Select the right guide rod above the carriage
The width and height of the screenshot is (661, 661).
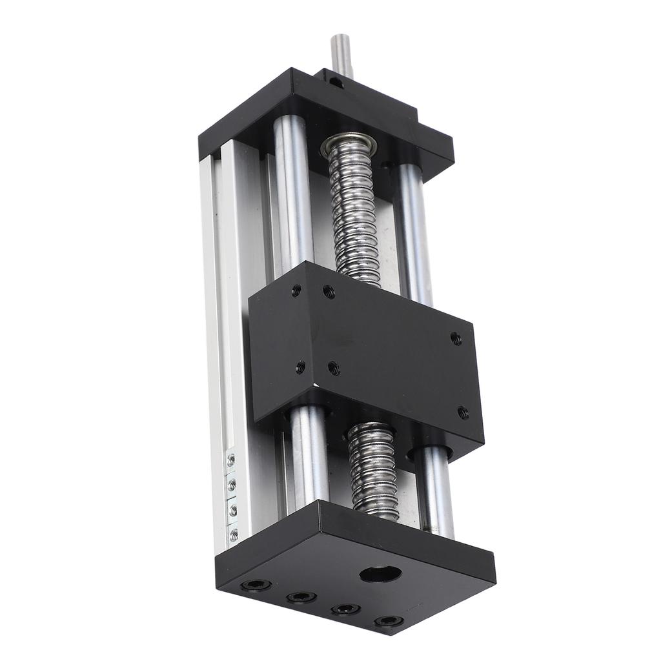tap(413, 232)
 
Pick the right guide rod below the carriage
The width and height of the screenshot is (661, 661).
tap(434, 491)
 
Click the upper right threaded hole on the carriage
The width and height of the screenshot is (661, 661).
tap(456, 338)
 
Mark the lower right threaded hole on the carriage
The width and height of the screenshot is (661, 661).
tap(463, 412)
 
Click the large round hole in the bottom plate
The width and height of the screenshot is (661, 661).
tap(380, 573)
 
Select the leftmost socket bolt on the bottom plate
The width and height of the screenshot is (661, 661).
tap(256, 585)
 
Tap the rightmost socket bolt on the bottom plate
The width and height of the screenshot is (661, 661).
tap(389, 621)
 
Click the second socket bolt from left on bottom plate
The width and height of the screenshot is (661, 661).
tap(301, 597)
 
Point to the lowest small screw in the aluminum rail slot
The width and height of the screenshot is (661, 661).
tap(234, 534)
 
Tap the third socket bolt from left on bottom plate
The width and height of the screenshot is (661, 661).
tap(346, 609)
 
